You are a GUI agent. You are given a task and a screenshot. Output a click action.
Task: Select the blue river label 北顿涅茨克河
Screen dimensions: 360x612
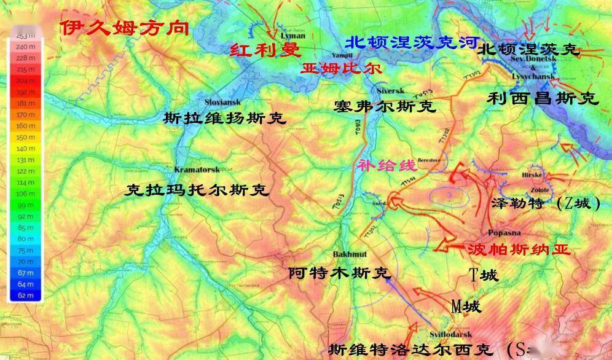point(412,42)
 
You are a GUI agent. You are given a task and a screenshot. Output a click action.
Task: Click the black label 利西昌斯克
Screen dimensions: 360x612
point(542,98)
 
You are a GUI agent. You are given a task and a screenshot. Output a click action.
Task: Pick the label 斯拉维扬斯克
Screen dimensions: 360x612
point(225,118)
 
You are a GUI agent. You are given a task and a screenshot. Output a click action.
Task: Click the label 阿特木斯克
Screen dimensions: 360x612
point(339,273)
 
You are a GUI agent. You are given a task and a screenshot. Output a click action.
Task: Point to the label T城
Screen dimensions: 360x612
point(484,275)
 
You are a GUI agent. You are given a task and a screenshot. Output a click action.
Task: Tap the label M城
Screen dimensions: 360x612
point(465,306)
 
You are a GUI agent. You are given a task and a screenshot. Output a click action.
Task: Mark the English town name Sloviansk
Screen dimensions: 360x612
point(222,101)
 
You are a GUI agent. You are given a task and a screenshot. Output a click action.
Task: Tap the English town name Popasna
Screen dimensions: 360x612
point(504,233)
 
